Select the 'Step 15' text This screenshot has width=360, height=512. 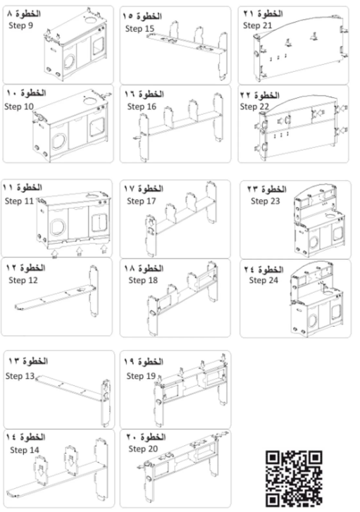pyautogui.click(x=139, y=28)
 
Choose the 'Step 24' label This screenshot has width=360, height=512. pyautogui.click(x=264, y=280)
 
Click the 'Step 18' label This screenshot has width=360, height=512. pyautogui.click(x=143, y=280)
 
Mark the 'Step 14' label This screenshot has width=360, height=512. pyautogui.click(x=24, y=449)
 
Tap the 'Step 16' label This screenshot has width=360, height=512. pyautogui.click(x=141, y=106)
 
